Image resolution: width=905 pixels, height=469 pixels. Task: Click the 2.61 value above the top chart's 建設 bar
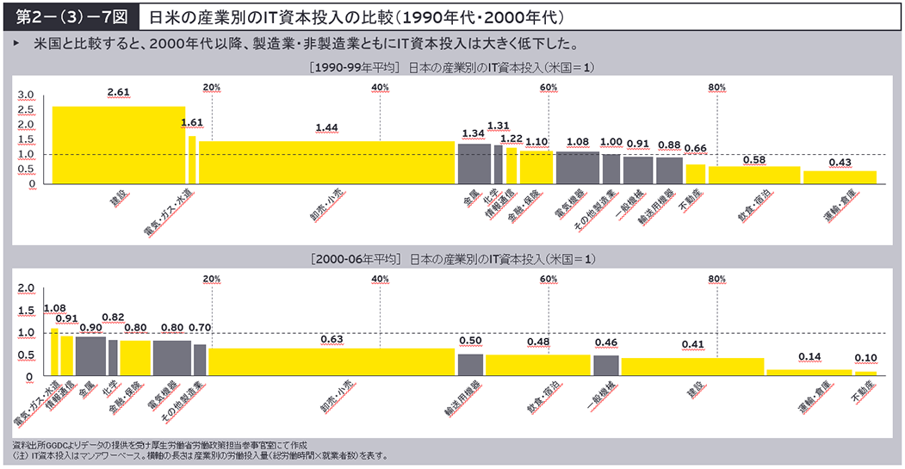click(x=119, y=92)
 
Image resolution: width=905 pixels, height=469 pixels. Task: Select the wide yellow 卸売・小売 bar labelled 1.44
click(x=326, y=162)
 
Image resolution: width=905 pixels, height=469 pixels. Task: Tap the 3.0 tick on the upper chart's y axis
click(x=26, y=96)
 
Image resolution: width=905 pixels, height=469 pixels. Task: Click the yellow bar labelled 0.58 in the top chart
click(x=754, y=174)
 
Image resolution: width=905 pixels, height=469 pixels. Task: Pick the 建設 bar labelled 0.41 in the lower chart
click(x=692, y=367)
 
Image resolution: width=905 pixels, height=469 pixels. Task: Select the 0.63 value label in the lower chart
click(x=332, y=339)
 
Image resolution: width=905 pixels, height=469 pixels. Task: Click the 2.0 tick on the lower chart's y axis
click(x=26, y=288)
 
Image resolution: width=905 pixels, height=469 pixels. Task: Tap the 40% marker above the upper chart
click(x=381, y=87)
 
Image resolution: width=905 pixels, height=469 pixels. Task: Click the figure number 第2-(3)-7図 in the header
click(x=61, y=16)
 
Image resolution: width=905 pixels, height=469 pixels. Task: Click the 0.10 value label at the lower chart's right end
click(x=865, y=357)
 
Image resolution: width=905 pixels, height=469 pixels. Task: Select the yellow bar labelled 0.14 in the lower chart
click(x=809, y=372)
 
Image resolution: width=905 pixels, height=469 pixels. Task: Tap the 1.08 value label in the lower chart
click(x=54, y=307)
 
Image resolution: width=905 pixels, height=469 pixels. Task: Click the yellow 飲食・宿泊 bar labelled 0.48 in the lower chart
click(x=537, y=365)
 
